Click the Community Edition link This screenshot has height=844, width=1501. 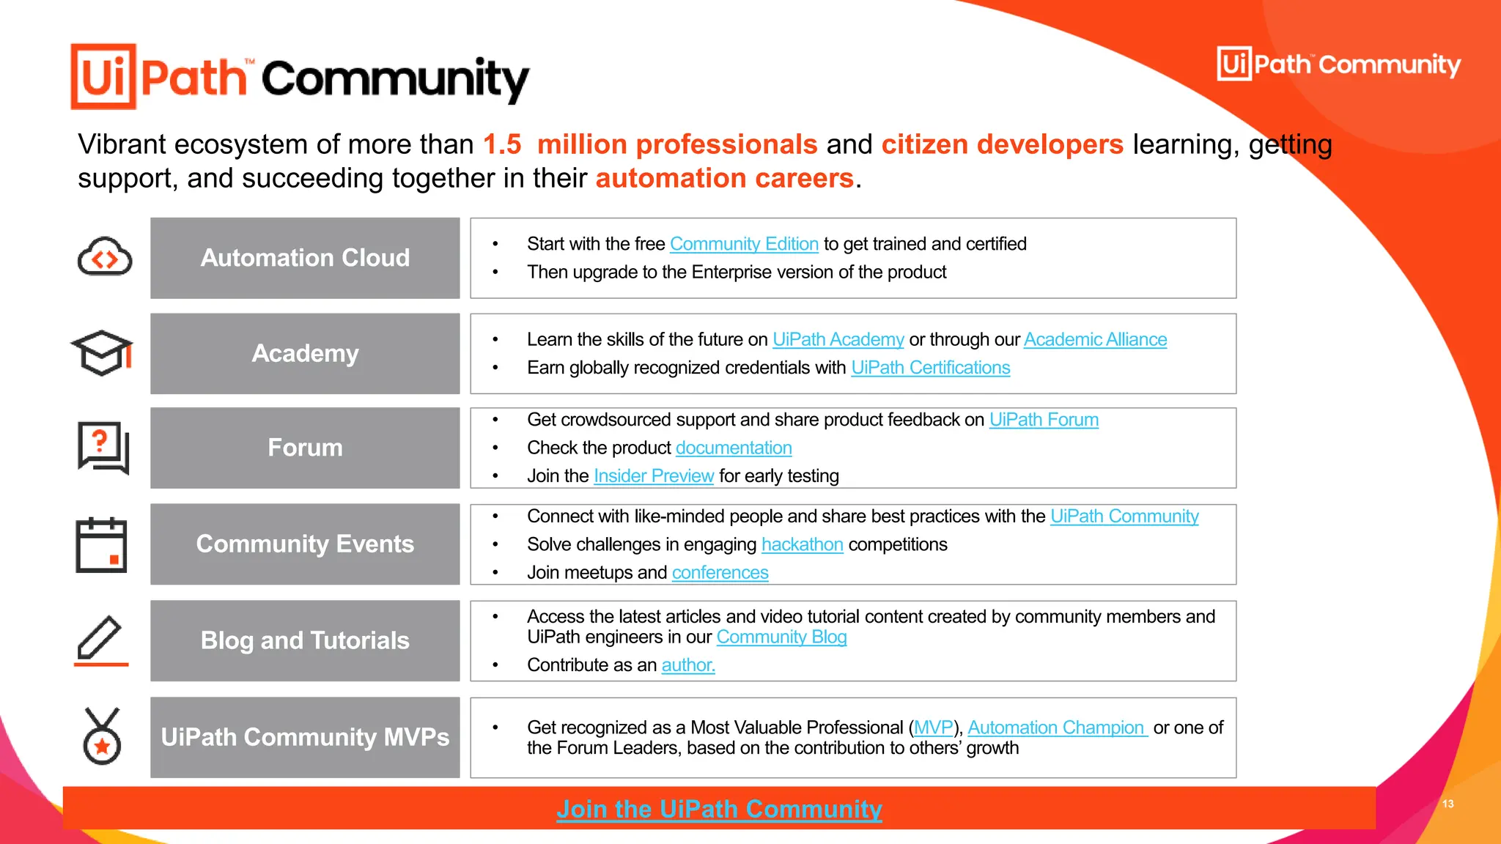[x=744, y=244]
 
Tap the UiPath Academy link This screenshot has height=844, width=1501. [x=838, y=340]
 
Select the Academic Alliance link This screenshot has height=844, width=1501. [x=1095, y=340]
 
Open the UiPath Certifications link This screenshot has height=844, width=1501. [x=930, y=368]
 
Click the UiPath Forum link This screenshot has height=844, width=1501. [x=1044, y=420]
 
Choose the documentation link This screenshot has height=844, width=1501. [x=734, y=448]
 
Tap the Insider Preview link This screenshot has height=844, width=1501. [x=653, y=476]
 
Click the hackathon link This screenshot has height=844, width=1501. [x=802, y=544]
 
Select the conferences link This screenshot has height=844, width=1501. [x=720, y=573]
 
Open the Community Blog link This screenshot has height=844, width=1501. [x=781, y=637]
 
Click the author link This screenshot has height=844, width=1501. [x=687, y=665]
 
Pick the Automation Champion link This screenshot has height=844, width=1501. [x=1056, y=728]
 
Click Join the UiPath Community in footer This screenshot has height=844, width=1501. [x=719, y=809]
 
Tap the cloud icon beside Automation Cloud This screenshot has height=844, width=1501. [x=105, y=257]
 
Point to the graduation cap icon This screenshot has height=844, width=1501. [x=102, y=353]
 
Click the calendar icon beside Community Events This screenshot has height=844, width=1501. [x=102, y=544]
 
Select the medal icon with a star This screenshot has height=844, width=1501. [x=102, y=737]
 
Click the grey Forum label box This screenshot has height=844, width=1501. [x=305, y=448]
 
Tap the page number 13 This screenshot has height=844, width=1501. [x=1447, y=804]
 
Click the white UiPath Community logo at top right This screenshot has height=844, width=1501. [x=1338, y=64]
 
